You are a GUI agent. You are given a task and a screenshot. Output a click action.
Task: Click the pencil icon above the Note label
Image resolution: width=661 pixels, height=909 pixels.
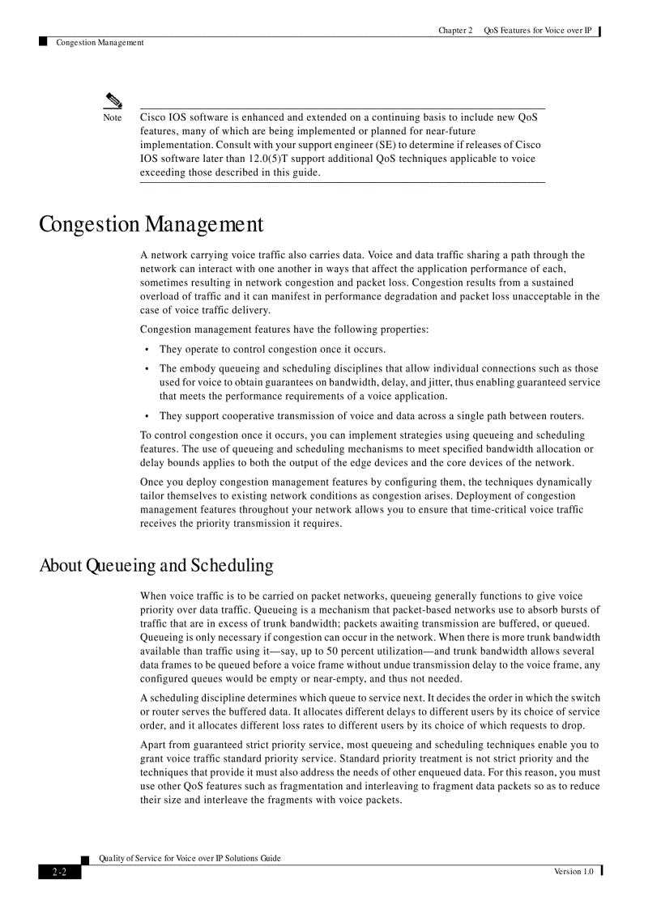pos(113,101)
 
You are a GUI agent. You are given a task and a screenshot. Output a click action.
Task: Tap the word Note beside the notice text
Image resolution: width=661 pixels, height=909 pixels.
pos(113,118)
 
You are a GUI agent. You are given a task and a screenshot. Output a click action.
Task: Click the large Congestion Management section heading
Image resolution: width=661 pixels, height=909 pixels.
pos(151,224)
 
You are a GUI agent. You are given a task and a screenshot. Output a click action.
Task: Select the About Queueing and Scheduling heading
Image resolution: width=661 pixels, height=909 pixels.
pos(156,565)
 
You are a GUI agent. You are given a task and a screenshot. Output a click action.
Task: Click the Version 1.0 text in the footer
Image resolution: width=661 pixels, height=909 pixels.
pos(574,871)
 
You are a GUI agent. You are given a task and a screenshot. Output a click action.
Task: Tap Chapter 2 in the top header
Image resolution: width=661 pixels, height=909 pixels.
pos(455,31)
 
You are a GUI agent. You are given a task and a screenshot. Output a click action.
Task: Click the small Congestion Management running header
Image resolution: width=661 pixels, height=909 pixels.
pos(100,43)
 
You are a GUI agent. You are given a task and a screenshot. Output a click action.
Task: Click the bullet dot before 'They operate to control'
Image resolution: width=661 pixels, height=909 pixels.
pos(147,350)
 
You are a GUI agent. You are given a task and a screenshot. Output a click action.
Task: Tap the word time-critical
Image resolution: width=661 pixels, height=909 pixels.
pos(498,510)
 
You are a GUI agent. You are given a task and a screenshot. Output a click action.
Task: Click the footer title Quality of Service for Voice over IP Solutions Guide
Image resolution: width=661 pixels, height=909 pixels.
pos(190,858)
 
